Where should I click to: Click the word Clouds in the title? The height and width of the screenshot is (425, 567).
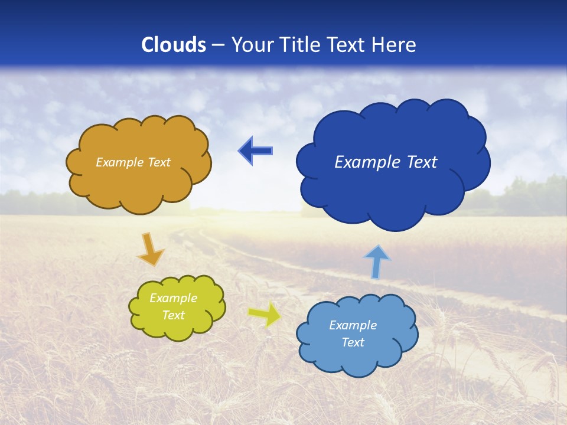coord(174,45)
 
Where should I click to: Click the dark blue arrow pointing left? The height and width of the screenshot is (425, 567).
coord(256,151)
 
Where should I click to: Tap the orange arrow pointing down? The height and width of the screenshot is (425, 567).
coord(151,249)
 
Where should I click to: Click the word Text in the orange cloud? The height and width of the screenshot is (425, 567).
coord(158,162)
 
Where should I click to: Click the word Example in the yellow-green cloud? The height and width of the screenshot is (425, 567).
coord(174,298)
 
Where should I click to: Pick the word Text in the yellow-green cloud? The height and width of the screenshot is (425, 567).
coord(174,315)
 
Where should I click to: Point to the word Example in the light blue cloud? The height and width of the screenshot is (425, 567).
coord(353,325)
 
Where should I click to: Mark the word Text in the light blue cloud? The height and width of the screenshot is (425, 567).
coord(353,342)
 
